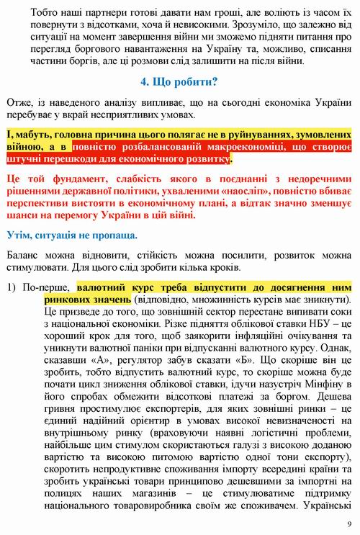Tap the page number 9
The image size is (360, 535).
349,524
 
